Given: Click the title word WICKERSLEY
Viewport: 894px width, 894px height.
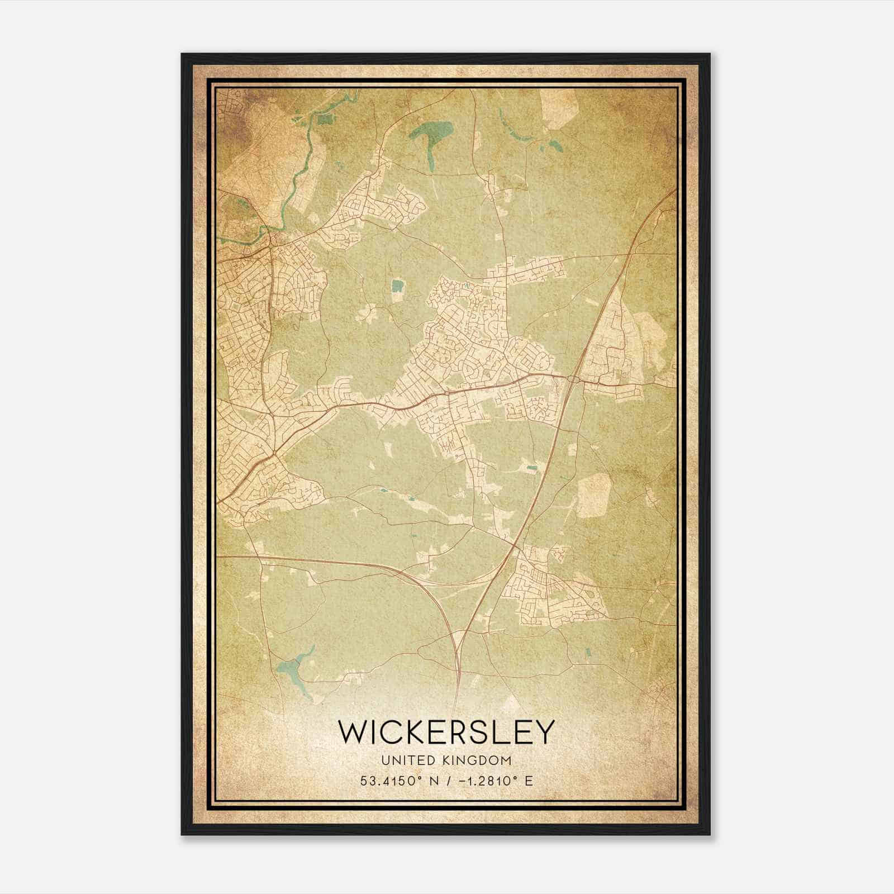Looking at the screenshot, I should point(446,732).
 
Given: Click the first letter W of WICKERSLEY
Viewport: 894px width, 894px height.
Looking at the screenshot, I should point(351,732).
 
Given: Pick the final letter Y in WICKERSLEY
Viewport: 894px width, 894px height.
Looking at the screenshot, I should point(545,732).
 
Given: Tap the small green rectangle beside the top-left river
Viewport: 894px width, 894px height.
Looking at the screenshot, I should point(324,118).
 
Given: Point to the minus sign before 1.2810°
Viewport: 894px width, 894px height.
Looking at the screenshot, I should point(462,781).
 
